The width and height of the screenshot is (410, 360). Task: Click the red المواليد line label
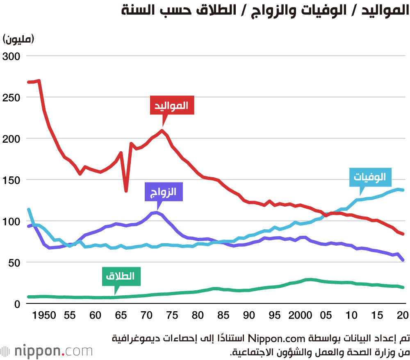171,105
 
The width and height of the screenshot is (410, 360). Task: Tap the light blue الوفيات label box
370,178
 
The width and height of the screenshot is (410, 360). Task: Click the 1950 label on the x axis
44,315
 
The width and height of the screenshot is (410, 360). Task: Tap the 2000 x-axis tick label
301,315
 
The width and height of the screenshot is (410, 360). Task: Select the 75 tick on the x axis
173,315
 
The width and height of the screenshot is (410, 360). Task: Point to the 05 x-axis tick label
326,315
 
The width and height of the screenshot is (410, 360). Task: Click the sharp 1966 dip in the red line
126,190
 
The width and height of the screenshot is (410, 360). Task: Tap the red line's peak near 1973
162,131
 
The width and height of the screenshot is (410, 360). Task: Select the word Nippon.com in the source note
282,339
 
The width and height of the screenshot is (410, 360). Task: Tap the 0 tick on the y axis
16,304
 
